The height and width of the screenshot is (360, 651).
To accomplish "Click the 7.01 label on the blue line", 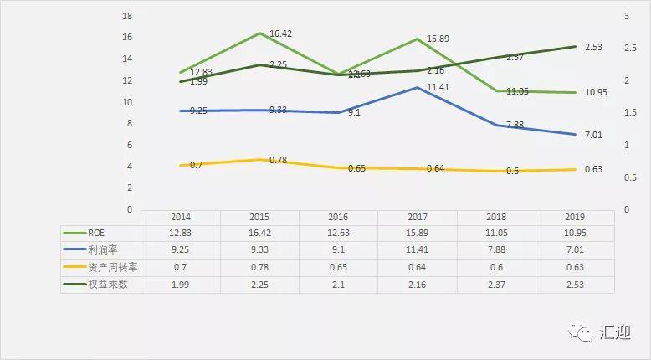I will click(x=593, y=134).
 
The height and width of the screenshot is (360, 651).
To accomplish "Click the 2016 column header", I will click(x=338, y=216).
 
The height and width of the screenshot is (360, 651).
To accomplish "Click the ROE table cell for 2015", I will click(x=259, y=232).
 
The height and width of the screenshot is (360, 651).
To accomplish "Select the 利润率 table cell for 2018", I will click(x=495, y=249).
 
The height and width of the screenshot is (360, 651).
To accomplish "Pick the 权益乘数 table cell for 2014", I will click(x=181, y=285).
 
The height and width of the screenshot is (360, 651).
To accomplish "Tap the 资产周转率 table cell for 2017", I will click(x=417, y=267).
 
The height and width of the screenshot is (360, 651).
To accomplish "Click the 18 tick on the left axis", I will click(x=127, y=16).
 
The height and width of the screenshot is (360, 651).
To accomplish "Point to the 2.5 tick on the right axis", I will click(x=628, y=48).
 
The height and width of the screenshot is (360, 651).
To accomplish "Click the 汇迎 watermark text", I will click(x=614, y=332).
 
